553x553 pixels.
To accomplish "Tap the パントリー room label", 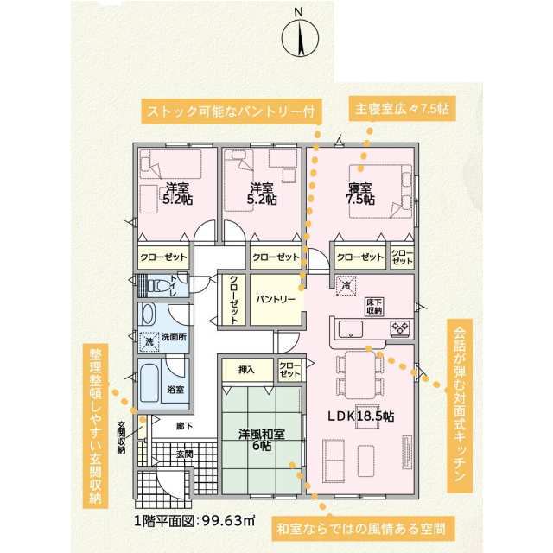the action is click(276, 300).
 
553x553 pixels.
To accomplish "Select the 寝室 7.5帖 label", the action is click(359, 194).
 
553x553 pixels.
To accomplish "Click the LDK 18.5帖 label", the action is click(361, 416).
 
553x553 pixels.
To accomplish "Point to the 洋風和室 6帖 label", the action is click(262, 440).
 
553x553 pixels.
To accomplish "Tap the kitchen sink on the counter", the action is click(351, 329).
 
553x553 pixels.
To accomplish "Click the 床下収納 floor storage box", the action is click(375, 307).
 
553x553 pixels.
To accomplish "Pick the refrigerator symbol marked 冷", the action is click(346, 285).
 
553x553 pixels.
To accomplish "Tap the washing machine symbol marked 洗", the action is click(149, 341).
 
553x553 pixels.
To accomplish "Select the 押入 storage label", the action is click(246, 370).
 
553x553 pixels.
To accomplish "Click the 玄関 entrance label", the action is click(184, 454).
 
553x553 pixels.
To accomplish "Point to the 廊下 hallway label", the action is click(184, 426).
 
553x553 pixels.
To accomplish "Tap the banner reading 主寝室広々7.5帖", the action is click(402, 110).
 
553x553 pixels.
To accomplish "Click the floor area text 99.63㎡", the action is click(229, 520).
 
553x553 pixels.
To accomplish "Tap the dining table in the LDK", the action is click(359, 374).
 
